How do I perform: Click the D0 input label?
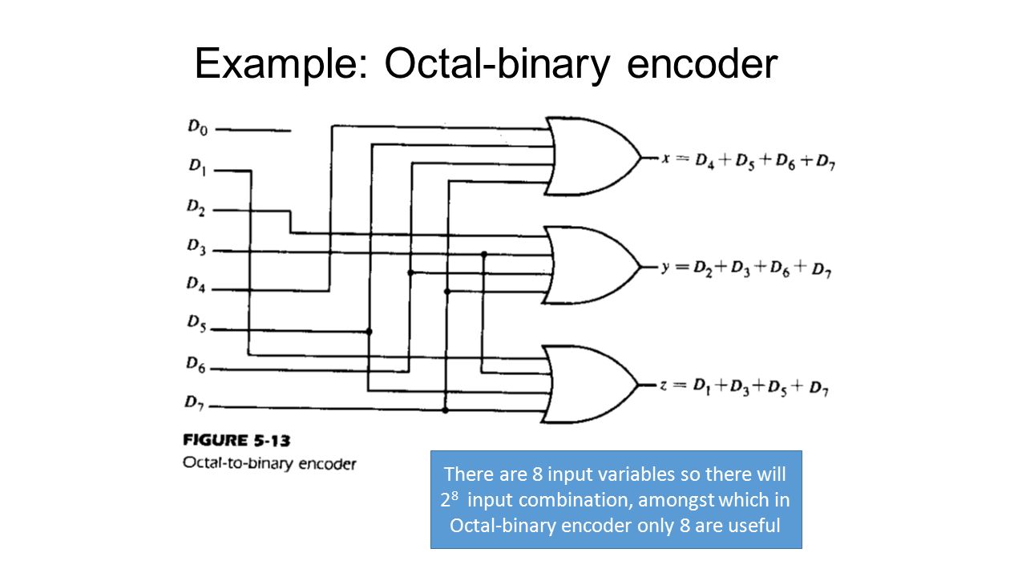[x=197, y=127]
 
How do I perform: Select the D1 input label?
[x=197, y=167]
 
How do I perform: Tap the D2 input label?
[x=196, y=207]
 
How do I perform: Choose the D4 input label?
[x=196, y=284]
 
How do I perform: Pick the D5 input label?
[x=196, y=323]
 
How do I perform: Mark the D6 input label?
[x=196, y=365]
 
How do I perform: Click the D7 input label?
[x=194, y=402]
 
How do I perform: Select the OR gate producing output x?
[x=594, y=156]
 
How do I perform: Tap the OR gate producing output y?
[x=592, y=265]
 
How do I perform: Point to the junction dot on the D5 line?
[x=370, y=331]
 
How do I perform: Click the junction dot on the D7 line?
[x=445, y=410]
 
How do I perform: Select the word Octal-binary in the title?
[x=498, y=63]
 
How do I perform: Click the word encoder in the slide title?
[x=702, y=64]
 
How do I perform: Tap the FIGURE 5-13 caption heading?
[x=236, y=441]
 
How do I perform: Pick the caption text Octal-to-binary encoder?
[x=269, y=463]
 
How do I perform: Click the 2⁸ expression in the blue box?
[x=449, y=499]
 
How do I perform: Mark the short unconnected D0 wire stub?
[x=252, y=131]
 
